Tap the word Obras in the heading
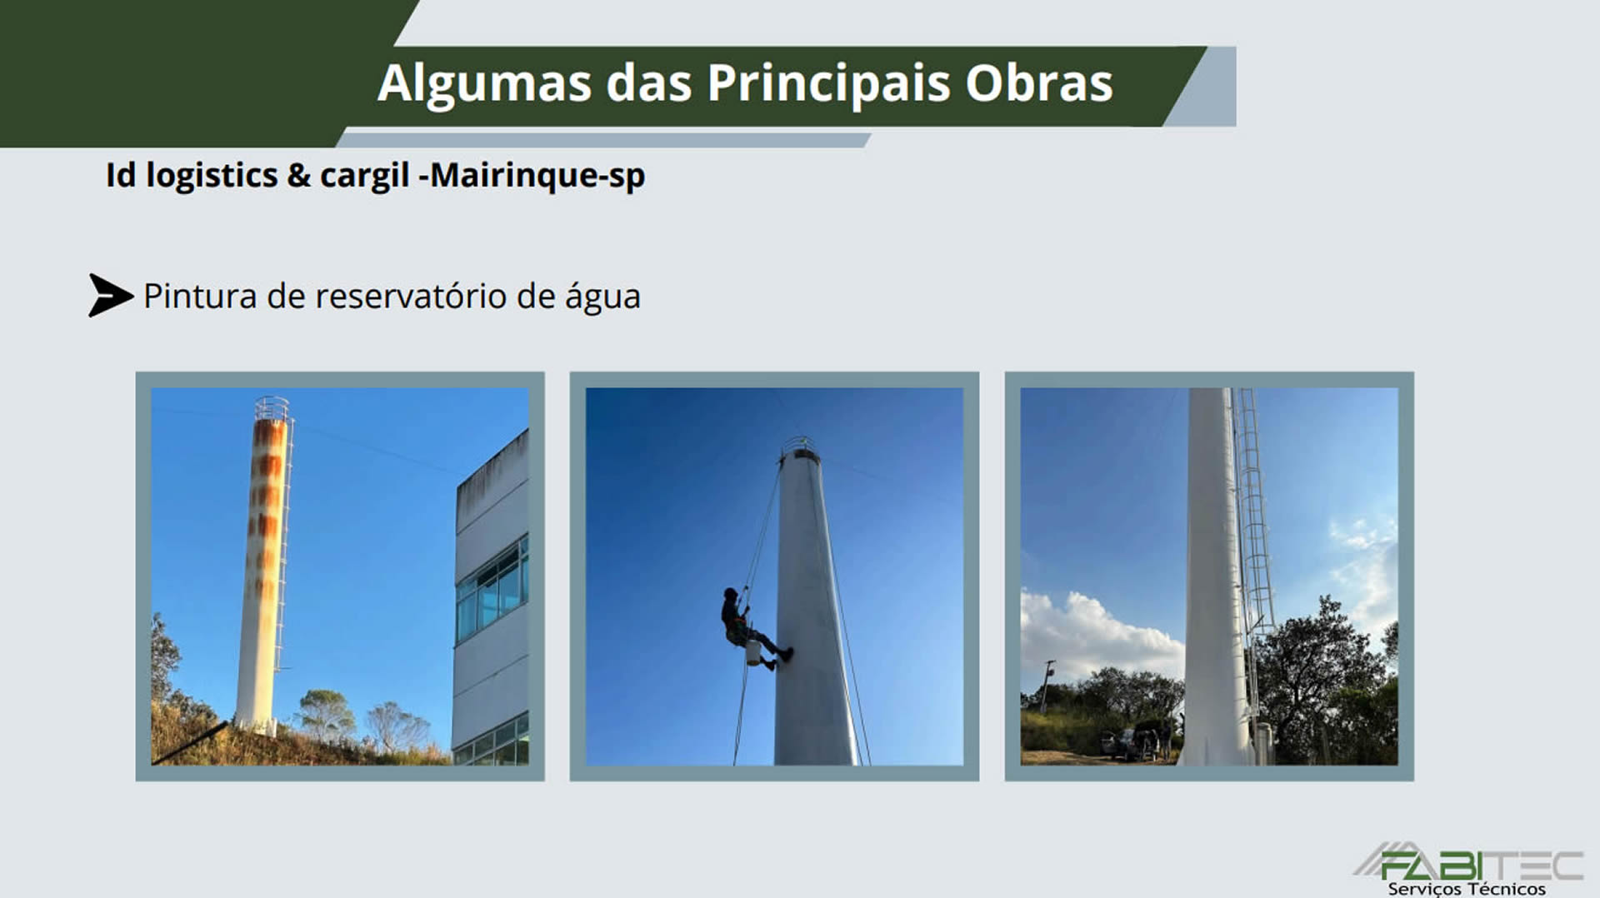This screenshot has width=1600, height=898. point(1039,83)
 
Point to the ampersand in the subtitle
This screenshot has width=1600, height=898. point(298,176)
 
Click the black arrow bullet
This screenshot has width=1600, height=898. point(110,296)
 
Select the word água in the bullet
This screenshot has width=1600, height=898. point(602,298)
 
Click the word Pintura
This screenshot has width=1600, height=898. point(200,297)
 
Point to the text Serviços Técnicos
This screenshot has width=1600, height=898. point(1467,888)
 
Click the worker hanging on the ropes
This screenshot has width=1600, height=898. point(751,626)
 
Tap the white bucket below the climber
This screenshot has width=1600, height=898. point(753,652)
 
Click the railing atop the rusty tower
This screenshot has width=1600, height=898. point(272,408)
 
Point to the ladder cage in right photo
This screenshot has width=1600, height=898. point(1253,533)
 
